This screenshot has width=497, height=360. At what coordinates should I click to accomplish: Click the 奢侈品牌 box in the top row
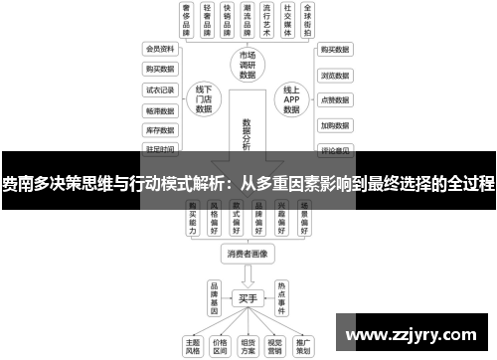point(186,19)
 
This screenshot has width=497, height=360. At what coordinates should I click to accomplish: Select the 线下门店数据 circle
point(204,99)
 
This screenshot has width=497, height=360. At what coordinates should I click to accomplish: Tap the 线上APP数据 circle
point(290,99)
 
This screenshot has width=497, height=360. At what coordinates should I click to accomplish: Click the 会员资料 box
point(159,48)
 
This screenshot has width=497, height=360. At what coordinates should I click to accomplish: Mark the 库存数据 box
point(159,129)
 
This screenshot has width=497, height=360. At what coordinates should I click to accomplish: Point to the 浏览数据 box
point(334,75)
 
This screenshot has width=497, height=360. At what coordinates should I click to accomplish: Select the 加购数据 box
point(334,126)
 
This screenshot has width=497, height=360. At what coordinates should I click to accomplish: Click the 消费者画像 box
point(248,254)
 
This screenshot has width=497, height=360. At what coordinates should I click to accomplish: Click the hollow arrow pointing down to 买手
point(248,275)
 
